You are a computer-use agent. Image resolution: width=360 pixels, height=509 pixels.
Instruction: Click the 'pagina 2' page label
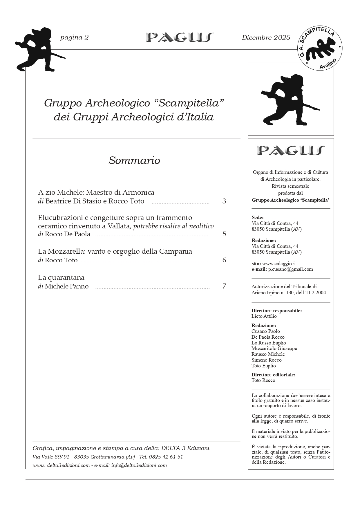click(x=74, y=37)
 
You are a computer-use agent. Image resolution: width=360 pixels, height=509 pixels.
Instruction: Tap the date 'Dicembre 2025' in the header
click(x=266, y=37)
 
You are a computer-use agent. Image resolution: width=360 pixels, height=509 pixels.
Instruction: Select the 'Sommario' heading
click(x=134, y=160)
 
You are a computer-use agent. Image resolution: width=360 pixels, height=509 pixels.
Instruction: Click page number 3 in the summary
click(x=224, y=201)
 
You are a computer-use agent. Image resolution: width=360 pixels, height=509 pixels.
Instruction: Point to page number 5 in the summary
click(x=224, y=234)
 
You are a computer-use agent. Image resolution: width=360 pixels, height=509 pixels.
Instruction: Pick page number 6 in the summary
click(x=224, y=260)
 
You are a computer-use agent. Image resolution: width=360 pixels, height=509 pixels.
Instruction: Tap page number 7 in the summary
click(x=224, y=286)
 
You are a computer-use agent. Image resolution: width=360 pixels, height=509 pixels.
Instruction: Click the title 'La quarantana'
click(x=61, y=277)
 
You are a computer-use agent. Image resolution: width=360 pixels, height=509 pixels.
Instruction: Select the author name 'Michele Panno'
click(x=67, y=286)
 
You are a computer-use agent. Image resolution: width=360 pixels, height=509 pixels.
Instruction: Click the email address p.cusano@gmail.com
click(x=290, y=269)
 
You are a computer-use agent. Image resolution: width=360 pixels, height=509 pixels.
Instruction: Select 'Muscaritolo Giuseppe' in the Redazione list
click(x=274, y=349)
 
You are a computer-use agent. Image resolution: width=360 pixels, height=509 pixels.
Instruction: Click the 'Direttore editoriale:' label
click(x=273, y=375)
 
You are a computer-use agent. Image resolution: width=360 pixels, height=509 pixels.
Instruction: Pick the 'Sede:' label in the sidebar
click(x=258, y=218)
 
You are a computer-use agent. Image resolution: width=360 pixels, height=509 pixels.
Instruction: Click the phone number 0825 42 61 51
click(x=166, y=457)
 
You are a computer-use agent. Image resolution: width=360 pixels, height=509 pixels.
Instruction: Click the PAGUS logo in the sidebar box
click(x=291, y=150)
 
